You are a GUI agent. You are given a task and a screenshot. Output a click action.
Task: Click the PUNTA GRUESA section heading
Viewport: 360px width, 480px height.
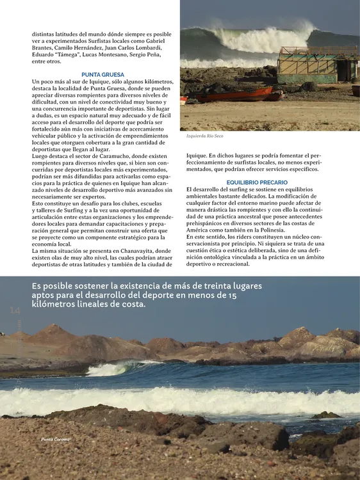coord(103,75)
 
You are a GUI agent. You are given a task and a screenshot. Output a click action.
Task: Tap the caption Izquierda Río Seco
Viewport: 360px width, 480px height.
coord(205,136)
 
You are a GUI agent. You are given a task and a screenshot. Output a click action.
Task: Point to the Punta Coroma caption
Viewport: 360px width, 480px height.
coord(55,440)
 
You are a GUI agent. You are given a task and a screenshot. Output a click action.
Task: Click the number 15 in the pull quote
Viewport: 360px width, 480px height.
coord(231,295)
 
